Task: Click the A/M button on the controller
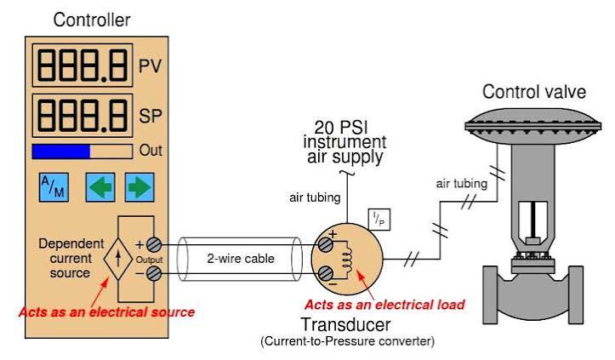coord(54,187)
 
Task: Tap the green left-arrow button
coord(100,187)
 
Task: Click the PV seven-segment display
coord(83,66)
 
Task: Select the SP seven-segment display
coord(83,116)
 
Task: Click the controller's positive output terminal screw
coord(154,244)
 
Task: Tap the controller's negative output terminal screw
coord(154,274)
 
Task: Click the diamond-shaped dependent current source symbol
coord(118,259)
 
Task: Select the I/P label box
coord(379,220)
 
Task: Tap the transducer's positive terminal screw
coord(325,244)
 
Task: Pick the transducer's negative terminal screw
coord(325,274)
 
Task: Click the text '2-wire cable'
coord(241,259)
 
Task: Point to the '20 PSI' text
coord(341,127)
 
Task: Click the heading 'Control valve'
coord(534,92)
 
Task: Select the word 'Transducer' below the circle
coord(345,324)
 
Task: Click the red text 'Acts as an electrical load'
coord(384,305)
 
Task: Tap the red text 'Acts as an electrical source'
coord(106,312)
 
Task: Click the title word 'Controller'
coord(92,20)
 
